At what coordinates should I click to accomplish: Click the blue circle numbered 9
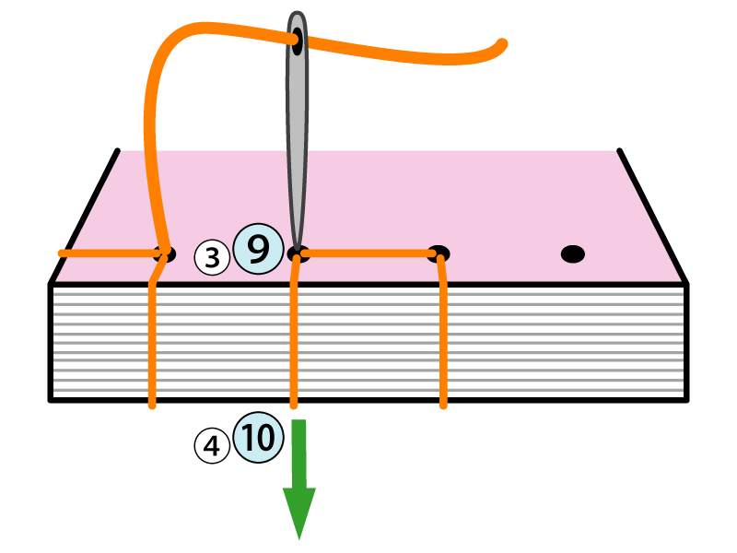tap(258, 250)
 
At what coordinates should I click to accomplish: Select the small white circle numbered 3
tap(212, 258)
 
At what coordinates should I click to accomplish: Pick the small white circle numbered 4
tap(212, 447)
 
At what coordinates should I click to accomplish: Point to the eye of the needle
tap(297, 40)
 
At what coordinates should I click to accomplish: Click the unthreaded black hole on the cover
tap(573, 253)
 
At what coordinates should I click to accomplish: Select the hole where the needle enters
tap(297, 253)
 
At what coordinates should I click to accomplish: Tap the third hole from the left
tap(439, 253)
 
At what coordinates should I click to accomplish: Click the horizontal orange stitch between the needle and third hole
tap(368, 252)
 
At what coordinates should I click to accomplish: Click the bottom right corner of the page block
tap(686, 399)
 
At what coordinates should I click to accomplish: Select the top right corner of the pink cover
tap(619, 150)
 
